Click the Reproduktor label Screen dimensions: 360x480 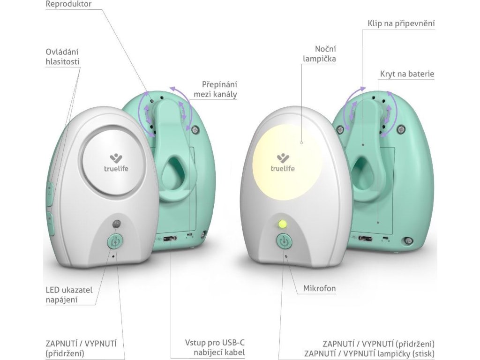pos(69,4)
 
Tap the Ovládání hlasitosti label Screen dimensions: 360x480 pos(62,56)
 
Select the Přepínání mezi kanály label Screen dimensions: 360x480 pos(219,89)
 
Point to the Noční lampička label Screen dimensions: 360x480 pos(325,54)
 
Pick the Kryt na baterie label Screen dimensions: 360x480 pos(407,74)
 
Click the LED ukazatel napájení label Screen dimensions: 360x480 pos(69,294)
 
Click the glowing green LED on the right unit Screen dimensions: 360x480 pos(282,224)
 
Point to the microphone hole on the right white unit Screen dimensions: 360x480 pos(285,256)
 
